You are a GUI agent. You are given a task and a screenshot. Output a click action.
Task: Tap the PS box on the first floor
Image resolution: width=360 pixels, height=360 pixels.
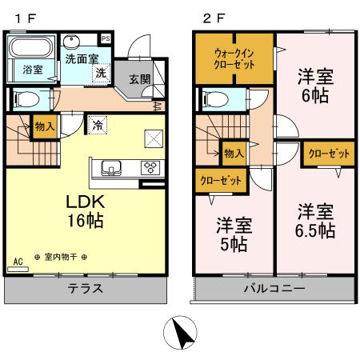pyautogui.click(x=106, y=38)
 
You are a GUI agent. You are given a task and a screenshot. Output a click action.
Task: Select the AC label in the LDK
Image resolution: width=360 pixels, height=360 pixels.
pyautogui.click(x=18, y=261)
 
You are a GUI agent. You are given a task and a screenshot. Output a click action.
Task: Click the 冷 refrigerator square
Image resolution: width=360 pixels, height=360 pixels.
pyautogui.click(x=97, y=125)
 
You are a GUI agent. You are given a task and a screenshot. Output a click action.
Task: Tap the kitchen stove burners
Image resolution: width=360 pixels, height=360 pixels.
pyautogui.click(x=150, y=167)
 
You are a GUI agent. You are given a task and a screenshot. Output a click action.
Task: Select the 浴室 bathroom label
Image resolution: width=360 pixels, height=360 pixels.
pyautogui.click(x=32, y=70)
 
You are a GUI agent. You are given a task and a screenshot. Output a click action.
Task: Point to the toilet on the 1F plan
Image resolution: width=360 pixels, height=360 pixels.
pyautogui.click(x=23, y=99)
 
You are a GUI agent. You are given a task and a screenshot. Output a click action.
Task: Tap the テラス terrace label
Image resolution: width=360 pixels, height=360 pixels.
pyautogui.click(x=85, y=288)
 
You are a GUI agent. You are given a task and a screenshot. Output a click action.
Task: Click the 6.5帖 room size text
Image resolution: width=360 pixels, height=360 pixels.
pyautogui.click(x=315, y=231)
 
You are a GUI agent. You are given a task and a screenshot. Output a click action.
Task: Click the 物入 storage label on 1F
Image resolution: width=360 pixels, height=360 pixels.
pyautogui.click(x=44, y=125)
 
